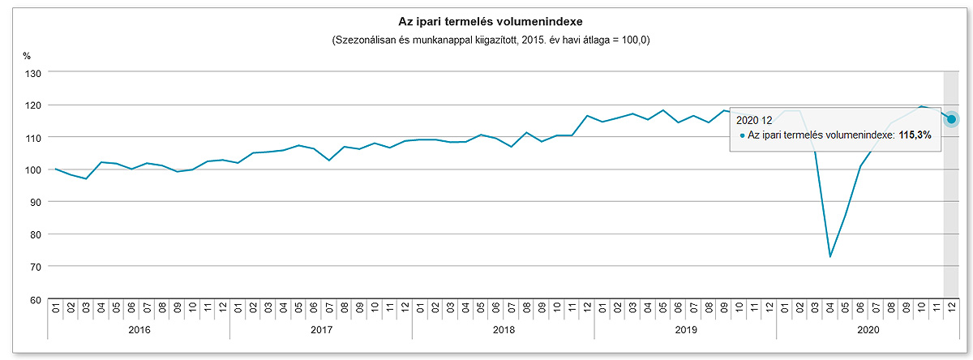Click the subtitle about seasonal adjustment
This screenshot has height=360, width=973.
485,40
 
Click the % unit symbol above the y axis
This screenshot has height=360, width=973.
27,56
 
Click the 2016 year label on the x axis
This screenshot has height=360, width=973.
139,330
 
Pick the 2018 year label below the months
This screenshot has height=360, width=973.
504,330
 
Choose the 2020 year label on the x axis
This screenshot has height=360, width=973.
868,330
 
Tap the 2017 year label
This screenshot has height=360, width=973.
321,330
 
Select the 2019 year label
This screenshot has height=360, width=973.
685,330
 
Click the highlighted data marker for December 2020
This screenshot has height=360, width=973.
951,119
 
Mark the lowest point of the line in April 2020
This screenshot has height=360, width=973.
829,257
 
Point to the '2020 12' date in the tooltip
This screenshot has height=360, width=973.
754,121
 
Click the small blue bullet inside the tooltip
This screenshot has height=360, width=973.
741,136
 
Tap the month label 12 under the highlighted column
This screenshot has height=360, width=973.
951,308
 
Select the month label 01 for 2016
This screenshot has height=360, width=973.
56,308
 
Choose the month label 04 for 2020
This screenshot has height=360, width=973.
829,308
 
